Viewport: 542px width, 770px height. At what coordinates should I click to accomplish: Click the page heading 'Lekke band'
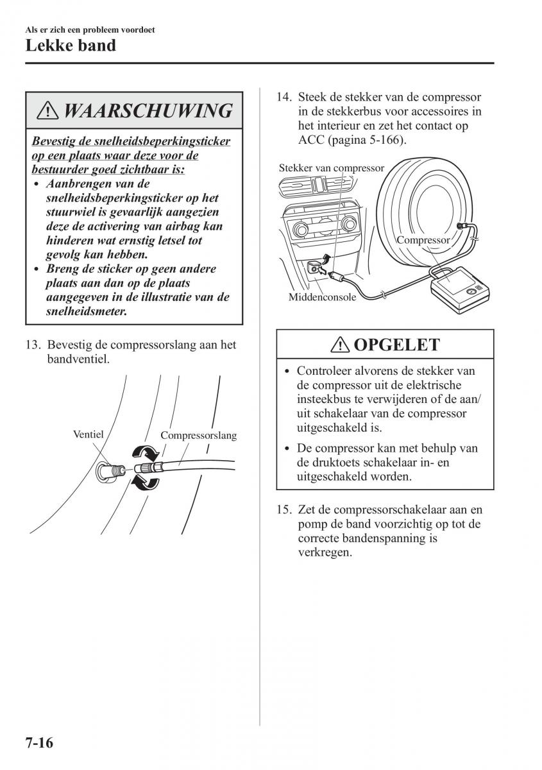tap(71, 46)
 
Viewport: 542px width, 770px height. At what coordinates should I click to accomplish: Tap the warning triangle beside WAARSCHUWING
tap(47, 110)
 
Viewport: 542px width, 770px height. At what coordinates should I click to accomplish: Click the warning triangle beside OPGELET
tap(340, 345)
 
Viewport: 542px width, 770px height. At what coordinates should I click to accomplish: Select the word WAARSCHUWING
tap(148, 110)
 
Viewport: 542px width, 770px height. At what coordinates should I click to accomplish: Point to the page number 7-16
tap(39, 742)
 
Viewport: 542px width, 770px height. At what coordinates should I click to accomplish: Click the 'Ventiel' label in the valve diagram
tap(88, 434)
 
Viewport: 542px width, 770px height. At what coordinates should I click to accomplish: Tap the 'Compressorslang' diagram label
tap(198, 436)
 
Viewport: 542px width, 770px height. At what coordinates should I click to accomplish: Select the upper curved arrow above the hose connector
tap(146, 452)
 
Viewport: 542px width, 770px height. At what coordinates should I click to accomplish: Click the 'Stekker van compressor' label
tap(332, 167)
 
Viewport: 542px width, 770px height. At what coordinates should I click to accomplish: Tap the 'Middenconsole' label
tap(322, 296)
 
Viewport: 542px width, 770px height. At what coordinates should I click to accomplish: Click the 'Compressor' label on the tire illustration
tap(423, 240)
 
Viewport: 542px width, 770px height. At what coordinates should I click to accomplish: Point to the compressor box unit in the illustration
tap(460, 289)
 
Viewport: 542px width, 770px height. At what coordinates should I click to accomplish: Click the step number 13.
tap(33, 345)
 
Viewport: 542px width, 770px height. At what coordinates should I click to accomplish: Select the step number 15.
tap(284, 509)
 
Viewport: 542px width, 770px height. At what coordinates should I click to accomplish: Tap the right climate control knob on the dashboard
tap(348, 225)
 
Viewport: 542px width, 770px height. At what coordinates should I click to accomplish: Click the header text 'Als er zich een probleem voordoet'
tap(90, 30)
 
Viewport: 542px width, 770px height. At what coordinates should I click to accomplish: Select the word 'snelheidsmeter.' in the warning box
tap(87, 311)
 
